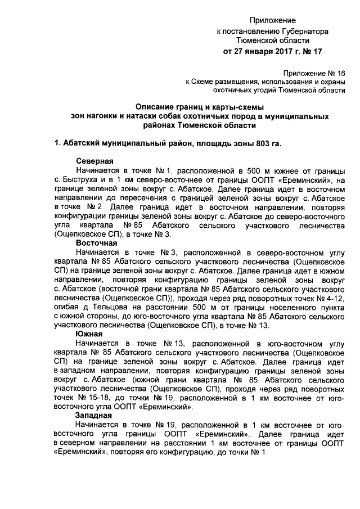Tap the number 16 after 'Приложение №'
341,73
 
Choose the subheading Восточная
97,243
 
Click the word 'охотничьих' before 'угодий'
235,90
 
